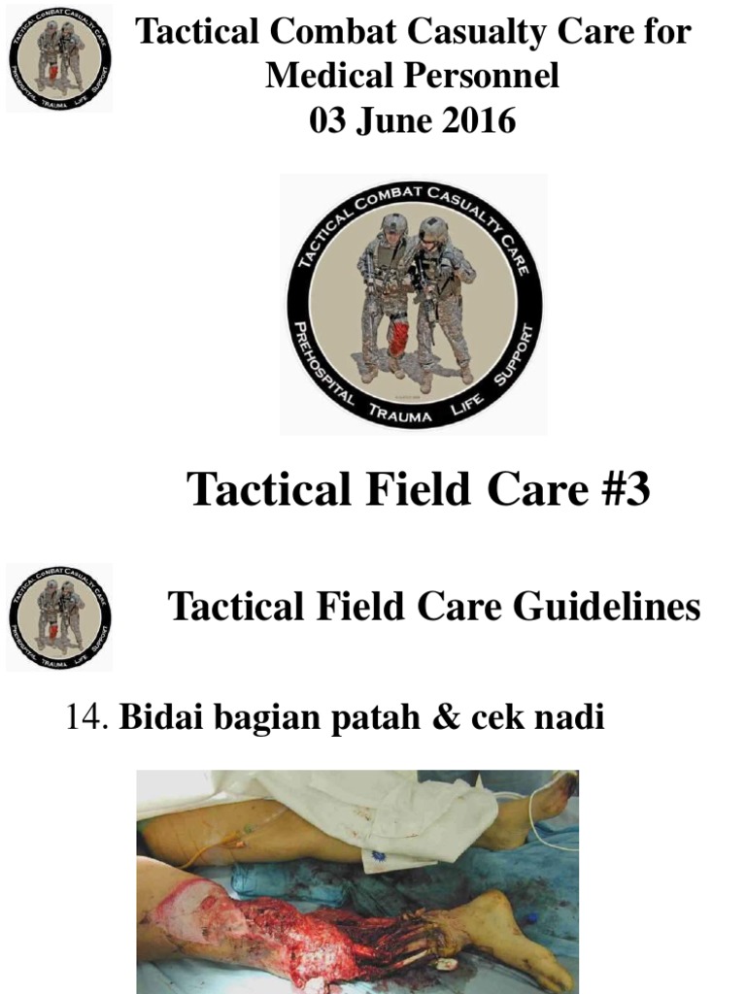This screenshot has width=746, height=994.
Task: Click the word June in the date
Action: (x=399, y=121)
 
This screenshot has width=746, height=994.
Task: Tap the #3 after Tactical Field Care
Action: (x=617, y=489)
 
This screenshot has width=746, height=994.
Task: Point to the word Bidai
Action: (x=155, y=719)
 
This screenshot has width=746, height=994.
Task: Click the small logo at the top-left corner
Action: (x=59, y=57)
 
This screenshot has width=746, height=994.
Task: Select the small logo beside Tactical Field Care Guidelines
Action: (x=59, y=617)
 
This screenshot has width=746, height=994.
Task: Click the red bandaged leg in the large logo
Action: (x=397, y=339)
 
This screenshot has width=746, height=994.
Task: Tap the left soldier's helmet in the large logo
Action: (x=393, y=223)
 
